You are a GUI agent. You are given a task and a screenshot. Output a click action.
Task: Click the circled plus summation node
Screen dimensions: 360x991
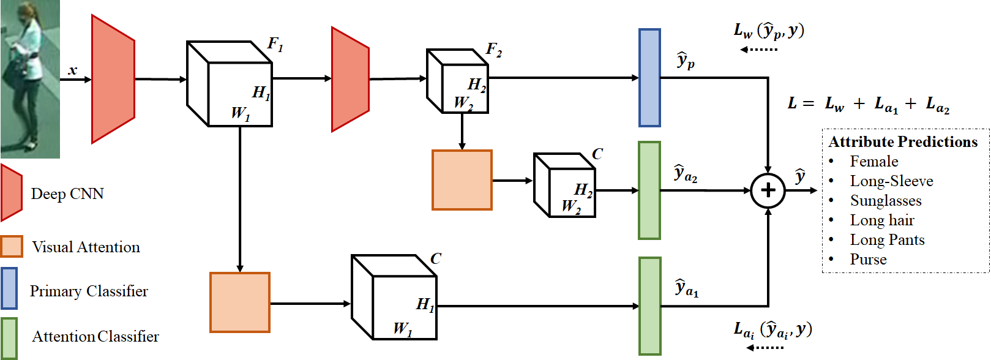768,190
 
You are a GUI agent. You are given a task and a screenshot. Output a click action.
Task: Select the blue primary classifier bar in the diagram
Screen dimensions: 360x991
649,78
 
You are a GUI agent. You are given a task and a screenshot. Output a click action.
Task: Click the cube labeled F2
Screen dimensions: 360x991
457,81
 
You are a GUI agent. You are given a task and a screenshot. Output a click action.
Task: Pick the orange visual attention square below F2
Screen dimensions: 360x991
462,180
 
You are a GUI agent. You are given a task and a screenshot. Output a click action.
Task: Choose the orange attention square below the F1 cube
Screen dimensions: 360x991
240,302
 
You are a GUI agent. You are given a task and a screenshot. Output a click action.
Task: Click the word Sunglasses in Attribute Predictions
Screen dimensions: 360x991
885,201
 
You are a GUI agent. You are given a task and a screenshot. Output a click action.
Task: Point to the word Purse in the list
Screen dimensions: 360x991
868,260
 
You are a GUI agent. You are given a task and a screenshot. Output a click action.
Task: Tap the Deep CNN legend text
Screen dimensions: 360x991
67,194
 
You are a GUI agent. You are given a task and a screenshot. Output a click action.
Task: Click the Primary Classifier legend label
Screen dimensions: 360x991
89,291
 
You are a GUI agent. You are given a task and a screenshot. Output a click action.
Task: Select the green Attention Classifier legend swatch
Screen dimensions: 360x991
9,337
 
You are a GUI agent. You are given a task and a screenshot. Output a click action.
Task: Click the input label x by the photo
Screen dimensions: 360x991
73,70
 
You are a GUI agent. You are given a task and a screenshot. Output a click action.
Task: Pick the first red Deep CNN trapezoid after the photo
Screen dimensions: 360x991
113,79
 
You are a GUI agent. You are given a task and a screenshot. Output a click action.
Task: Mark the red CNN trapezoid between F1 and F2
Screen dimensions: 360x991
350,79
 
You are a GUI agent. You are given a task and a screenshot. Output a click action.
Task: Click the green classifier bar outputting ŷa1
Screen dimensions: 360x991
649,306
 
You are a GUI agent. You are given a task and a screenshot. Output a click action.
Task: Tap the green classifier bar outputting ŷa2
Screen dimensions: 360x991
649,190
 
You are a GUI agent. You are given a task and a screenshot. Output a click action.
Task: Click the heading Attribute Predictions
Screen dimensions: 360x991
903,142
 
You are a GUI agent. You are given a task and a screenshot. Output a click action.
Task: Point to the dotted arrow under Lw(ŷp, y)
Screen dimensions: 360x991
759,49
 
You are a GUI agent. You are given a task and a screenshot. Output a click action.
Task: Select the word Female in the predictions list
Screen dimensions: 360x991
873,162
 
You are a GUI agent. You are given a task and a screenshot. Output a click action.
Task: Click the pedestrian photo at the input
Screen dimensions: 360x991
30,79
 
